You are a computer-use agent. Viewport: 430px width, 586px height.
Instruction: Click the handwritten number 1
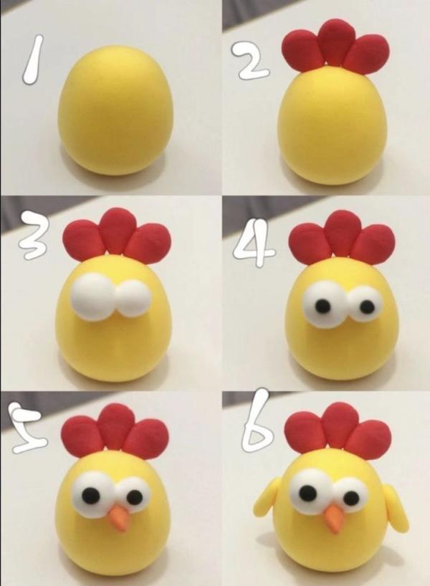[32, 59]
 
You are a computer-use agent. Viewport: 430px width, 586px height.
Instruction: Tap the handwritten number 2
[252, 61]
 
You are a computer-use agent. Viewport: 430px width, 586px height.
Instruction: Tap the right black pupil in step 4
[366, 307]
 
